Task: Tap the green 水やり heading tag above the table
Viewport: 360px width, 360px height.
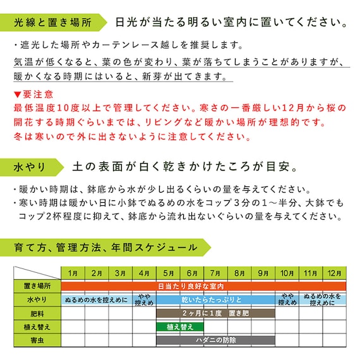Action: [32, 167]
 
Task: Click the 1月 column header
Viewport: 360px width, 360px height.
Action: [73, 273]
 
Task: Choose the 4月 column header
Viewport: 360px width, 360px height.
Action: [144, 273]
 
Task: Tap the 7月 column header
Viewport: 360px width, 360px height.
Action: [215, 273]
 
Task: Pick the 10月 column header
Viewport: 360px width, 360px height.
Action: [287, 273]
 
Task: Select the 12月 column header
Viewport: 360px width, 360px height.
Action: [334, 273]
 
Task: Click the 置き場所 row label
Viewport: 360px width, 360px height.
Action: [37, 285]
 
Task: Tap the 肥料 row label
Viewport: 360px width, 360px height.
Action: [37, 313]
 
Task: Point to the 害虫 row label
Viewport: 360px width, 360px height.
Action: [37, 340]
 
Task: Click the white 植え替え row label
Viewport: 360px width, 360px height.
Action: [37, 327]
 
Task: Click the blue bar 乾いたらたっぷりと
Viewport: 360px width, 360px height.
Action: [215, 299]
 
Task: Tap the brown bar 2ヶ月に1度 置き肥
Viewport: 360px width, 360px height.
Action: [215, 313]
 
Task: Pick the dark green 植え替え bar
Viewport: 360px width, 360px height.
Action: [179, 327]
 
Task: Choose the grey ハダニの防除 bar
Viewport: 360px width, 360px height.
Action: [215, 340]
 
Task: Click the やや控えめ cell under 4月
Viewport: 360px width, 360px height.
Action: [144, 299]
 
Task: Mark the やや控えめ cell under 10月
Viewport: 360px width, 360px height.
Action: [287, 299]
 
